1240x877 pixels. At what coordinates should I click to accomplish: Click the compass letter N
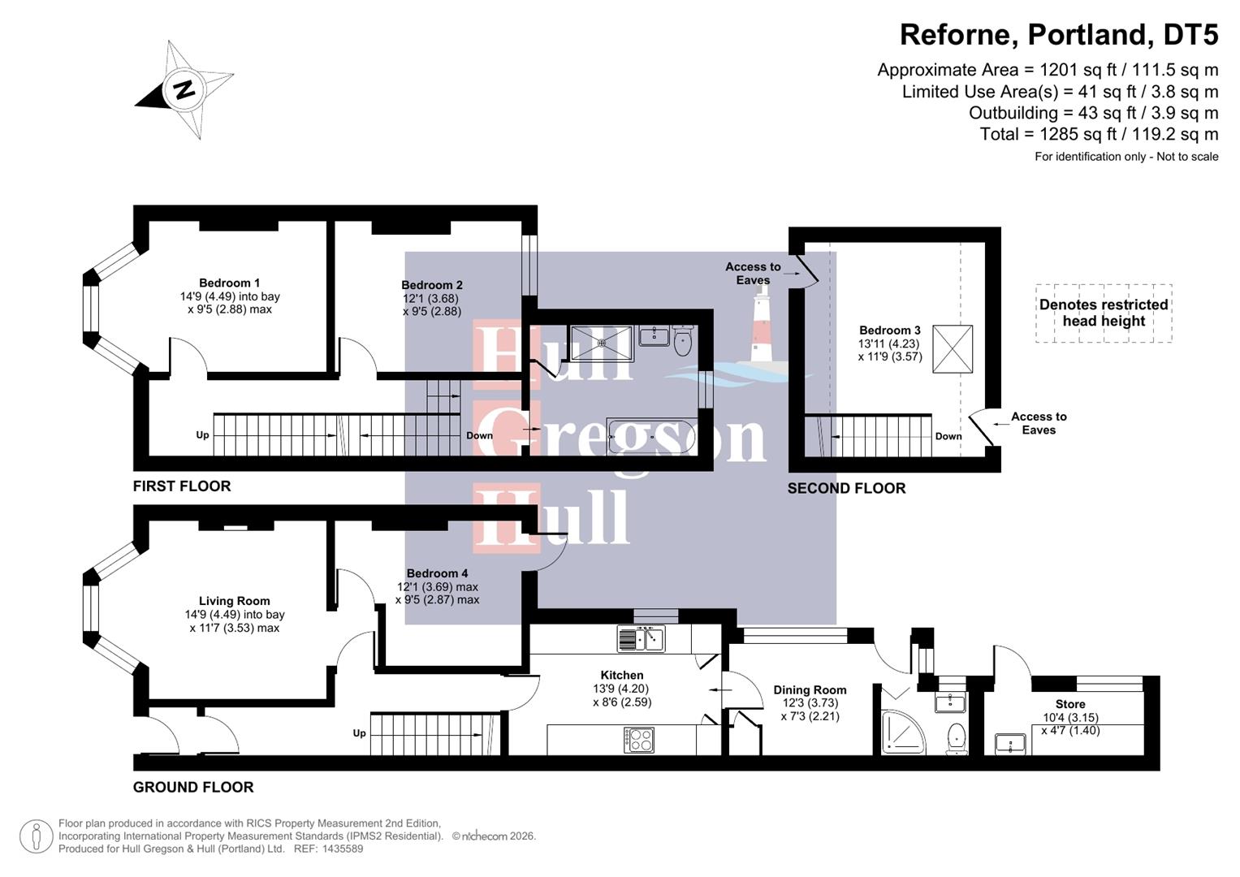pos(185,89)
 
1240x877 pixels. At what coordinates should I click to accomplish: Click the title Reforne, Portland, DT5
pos(1058,34)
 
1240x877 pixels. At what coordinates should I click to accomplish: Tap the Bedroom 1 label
pos(229,283)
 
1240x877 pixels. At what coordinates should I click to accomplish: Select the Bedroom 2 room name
pos(432,285)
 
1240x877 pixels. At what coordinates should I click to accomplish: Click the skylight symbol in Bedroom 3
pos(953,348)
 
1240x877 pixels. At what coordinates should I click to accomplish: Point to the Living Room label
pos(234,601)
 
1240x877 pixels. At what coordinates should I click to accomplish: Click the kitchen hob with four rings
pos(639,739)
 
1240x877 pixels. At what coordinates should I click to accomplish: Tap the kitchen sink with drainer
pos(641,638)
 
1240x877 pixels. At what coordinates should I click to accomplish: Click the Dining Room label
pos(810,689)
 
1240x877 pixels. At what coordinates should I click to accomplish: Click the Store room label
pos(1070,704)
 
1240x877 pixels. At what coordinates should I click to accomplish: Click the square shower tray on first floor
pos(601,342)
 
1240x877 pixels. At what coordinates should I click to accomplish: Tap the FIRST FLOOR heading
pos(182,486)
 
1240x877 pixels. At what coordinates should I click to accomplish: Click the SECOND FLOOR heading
pos(846,488)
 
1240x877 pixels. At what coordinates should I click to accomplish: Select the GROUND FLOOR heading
pos(193,787)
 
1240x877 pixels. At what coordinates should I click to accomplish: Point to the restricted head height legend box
pos(1104,313)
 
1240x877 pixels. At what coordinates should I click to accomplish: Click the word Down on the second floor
pos(948,436)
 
